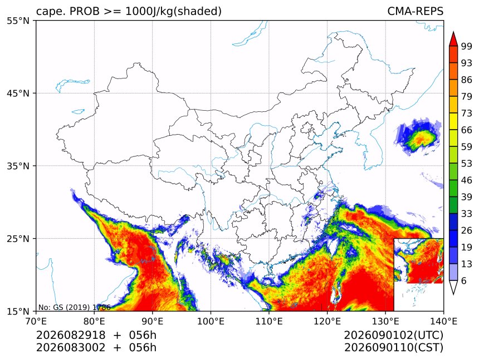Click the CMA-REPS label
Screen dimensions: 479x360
tap(415, 11)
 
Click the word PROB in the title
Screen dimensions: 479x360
tap(85, 11)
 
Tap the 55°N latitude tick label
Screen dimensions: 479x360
tap(18, 21)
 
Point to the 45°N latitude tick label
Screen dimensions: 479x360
tap(18, 93)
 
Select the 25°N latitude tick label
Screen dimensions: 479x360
tap(18, 238)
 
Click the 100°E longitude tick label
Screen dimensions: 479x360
tap(211, 321)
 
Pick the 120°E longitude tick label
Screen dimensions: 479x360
tap(327, 321)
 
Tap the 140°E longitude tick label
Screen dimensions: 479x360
tap(443, 321)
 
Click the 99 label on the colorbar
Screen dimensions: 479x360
tap(467, 46)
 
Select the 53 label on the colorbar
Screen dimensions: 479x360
tap(467, 164)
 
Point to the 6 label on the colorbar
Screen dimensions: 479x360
tap(464, 280)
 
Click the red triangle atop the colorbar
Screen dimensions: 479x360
tap(453, 39)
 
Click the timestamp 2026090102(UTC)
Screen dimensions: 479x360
tap(393, 335)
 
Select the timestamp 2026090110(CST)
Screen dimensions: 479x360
tap(393, 348)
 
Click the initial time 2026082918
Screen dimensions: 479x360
tap(71, 335)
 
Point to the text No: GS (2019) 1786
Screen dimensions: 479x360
tap(74, 307)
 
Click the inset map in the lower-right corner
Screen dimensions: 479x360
tap(418, 274)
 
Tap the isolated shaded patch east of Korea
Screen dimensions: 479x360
tap(418, 137)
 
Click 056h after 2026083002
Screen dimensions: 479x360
tap(143, 348)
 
